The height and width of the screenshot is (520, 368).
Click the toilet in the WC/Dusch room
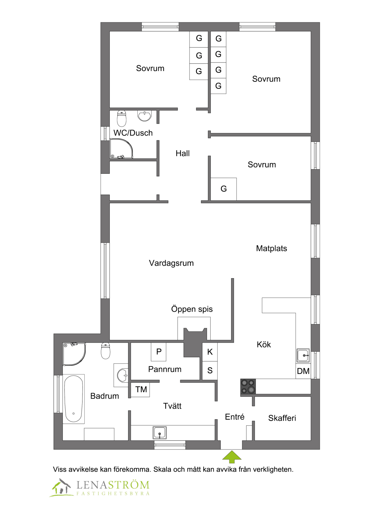[122, 118]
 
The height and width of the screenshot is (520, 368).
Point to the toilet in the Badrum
[105, 351]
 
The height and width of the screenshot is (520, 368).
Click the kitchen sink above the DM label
[303, 355]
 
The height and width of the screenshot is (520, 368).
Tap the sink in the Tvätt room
[159, 432]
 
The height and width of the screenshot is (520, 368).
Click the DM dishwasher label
[303, 371]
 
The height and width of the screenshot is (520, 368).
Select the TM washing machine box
[140, 389]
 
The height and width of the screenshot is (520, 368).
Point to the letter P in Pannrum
[159, 352]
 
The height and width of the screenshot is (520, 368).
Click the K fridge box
[210, 352]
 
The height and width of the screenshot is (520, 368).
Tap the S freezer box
[210, 370]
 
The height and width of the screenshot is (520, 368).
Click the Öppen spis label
[192, 309]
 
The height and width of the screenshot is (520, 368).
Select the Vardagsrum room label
[171, 263]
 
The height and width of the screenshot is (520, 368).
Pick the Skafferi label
[282, 418]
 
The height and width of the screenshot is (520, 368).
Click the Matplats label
[271, 249]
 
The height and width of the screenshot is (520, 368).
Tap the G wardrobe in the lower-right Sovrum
[224, 189]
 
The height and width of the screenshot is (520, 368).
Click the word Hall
[182, 153]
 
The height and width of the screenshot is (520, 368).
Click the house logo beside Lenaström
[61, 488]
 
